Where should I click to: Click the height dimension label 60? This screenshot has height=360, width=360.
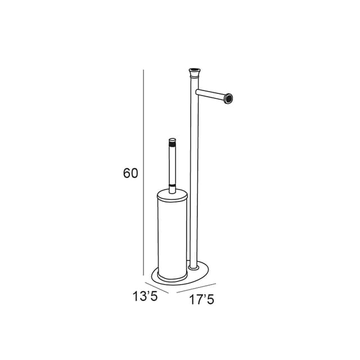coord(130,173)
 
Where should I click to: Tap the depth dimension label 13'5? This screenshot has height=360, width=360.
coord(145,296)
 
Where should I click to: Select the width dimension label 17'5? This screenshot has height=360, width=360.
coord(201,300)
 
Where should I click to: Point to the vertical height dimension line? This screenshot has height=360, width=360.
coord(143,172)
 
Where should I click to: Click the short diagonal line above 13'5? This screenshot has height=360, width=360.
coord(157,287)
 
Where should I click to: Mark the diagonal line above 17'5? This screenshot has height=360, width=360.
coord(196,288)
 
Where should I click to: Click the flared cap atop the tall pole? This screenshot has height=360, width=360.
coord(195,73)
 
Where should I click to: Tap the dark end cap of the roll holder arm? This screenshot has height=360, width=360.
coord(229,99)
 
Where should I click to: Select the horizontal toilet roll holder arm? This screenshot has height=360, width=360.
coord(214,96)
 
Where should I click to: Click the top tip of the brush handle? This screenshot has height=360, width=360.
coord(172,139)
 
